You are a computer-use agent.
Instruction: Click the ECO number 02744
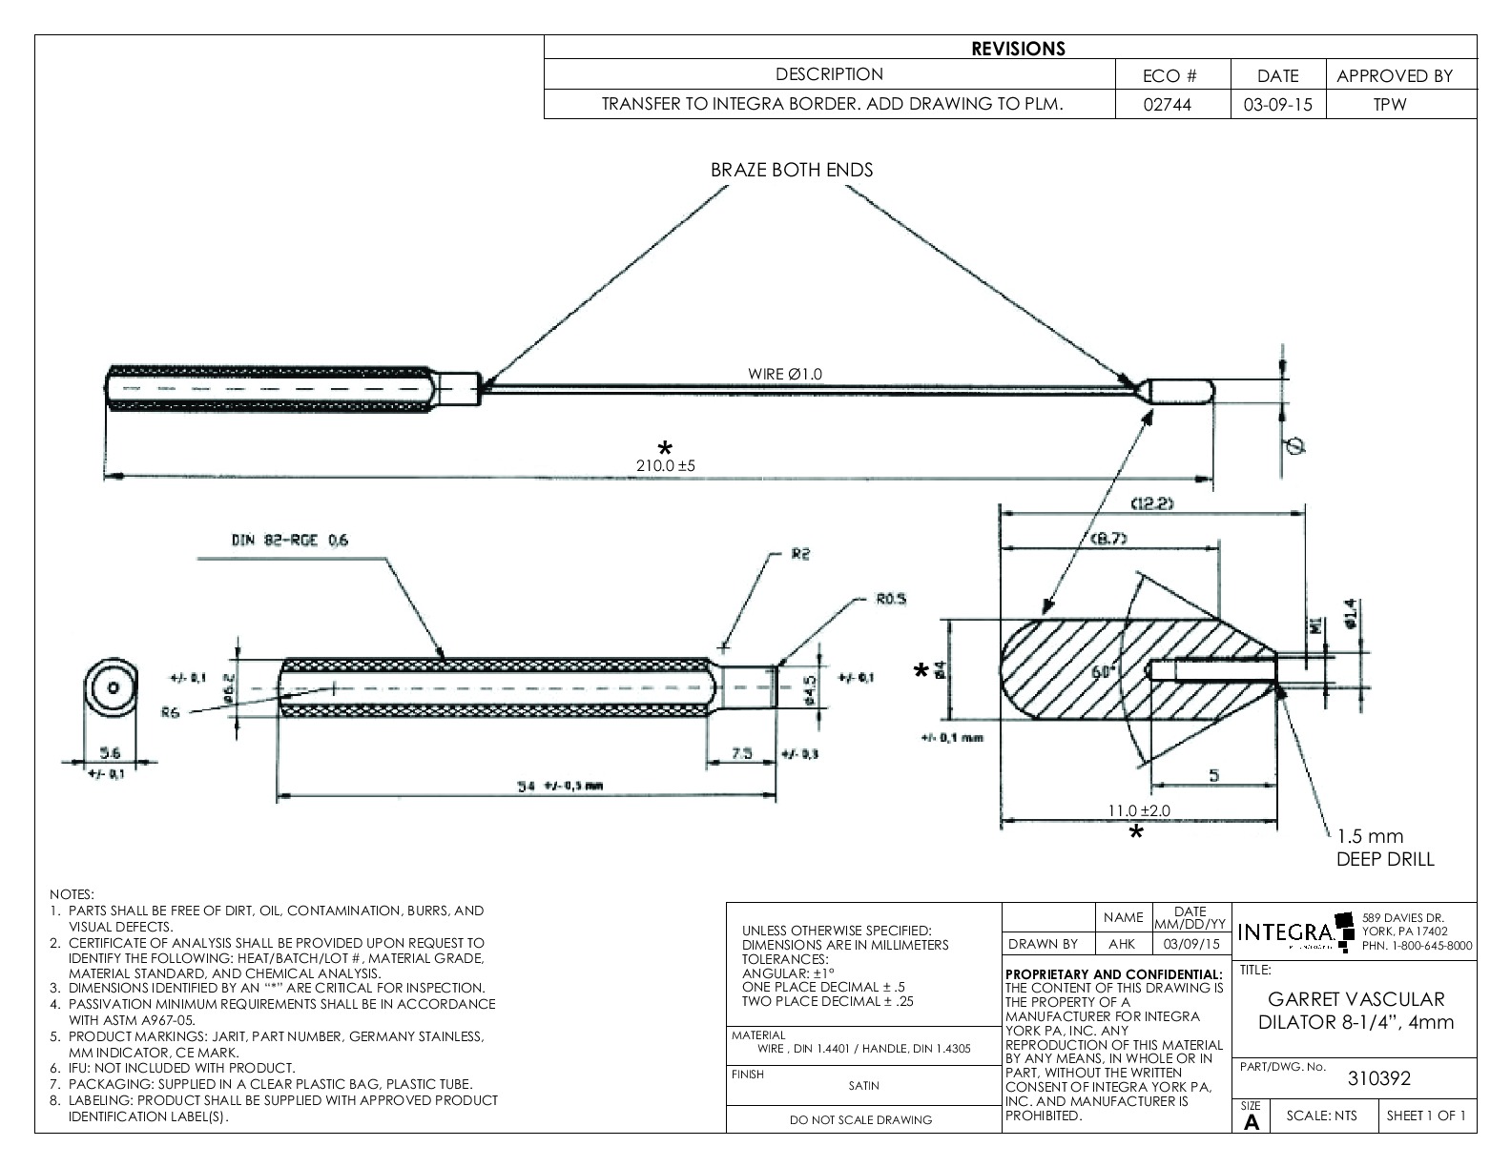click(1172, 105)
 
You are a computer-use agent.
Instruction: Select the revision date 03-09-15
click(1277, 105)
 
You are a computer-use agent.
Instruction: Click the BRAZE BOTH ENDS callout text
click(792, 171)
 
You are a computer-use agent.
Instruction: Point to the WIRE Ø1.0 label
click(785, 374)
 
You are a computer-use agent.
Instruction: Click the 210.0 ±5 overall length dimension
click(666, 466)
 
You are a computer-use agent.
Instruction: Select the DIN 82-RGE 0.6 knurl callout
click(289, 540)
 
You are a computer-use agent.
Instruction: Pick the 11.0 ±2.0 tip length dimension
click(1138, 810)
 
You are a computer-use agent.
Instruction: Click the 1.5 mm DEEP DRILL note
click(1385, 848)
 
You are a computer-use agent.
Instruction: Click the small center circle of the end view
click(113, 687)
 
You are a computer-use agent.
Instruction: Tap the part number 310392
click(1378, 1078)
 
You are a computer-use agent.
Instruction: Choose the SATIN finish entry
click(864, 1085)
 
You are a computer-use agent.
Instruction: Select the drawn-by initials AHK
click(1123, 944)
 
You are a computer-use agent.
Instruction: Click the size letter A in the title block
click(1252, 1122)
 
